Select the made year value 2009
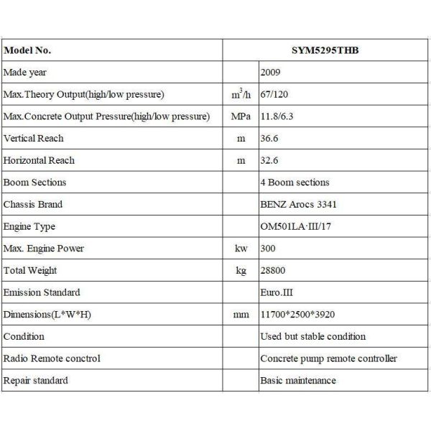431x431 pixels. [x=271, y=73]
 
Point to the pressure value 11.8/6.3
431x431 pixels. [x=277, y=116]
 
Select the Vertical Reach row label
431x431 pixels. [x=34, y=138]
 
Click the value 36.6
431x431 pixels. [x=269, y=138]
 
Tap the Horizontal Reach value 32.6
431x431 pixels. [x=269, y=160]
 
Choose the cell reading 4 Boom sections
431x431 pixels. [x=295, y=182]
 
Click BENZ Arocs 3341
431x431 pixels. [x=298, y=204]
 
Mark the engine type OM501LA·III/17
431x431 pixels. [x=297, y=226]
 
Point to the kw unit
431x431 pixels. [x=241, y=249]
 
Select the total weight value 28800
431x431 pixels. [x=272, y=270]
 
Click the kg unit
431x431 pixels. [x=241, y=271]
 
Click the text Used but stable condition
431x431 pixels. [x=312, y=336]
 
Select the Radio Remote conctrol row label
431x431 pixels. [x=52, y=358]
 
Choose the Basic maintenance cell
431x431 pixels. [x=297, y=380]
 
